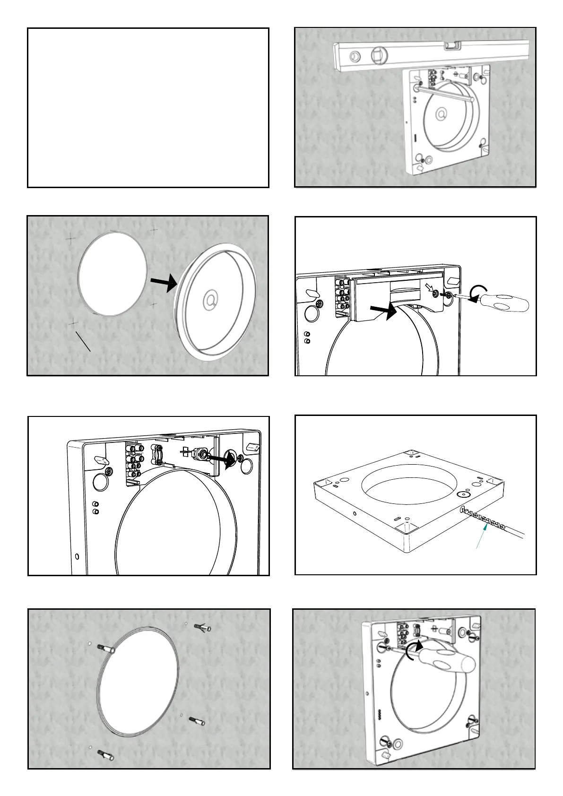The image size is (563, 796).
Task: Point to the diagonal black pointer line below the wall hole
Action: [83, 341]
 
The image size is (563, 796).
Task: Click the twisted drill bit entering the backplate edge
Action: [482, 519]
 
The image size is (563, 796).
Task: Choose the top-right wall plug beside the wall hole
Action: [202, 628]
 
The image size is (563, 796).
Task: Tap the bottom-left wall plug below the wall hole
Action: [105, 755]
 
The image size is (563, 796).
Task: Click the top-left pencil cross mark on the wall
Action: [71, 239]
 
